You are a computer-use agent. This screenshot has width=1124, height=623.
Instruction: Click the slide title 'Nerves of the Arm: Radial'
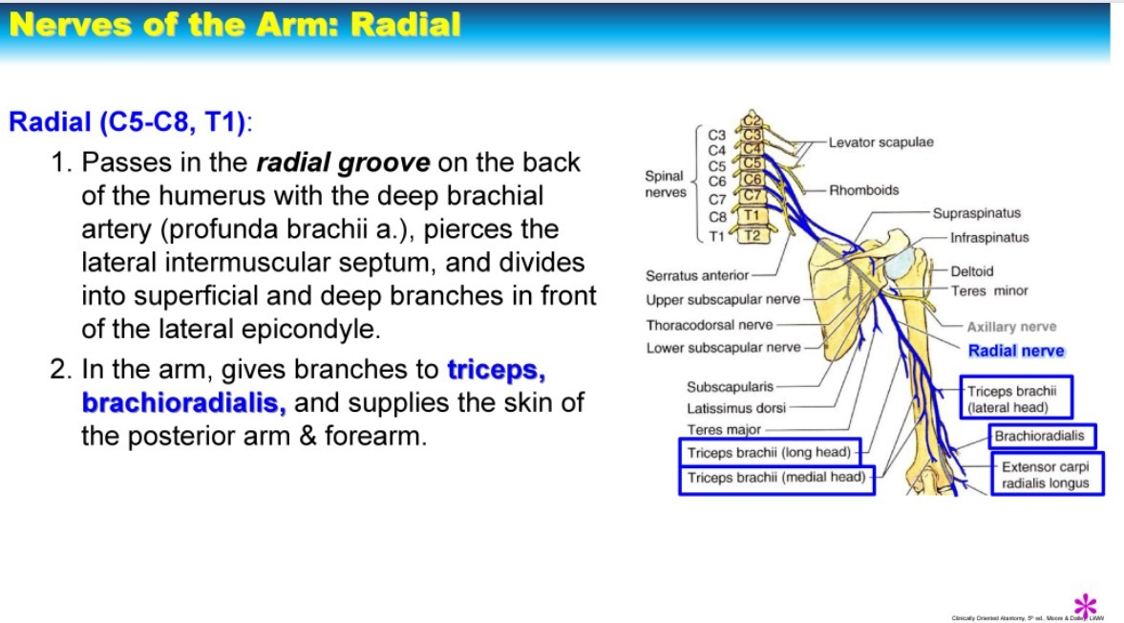pyautogui.click(x=235, y=25)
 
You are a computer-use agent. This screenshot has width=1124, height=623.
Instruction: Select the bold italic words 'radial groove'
pyautogui.click(x=343, y=162)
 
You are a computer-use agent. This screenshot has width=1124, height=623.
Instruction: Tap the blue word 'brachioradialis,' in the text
pyautogui.click(x=184, y=402)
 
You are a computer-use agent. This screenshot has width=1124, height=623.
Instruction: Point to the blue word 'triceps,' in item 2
pyautogui.click(x=497, y=369)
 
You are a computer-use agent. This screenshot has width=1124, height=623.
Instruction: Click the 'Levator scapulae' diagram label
pyautogui.click(x=880, y=142)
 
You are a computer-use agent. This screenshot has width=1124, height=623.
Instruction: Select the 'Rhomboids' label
pyautogui.click(x=863, y=190)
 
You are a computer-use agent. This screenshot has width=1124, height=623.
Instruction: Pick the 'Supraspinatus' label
pyautogui.click(x=976, y=213)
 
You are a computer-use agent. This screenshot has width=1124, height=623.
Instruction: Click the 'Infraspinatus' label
pyautogui.click(x=989, y=237)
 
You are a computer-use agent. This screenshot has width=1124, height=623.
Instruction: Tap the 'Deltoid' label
pyautogui.click(x=972, y=271)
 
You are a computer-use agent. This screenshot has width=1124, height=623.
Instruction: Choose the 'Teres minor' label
pyautogui.click(x=989, y=290)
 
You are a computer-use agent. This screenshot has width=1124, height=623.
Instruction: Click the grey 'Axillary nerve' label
pyautogui.click(x=1011, y=327)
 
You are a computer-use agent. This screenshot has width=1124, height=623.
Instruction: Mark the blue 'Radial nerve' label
pyautogui.click(x=1016, y=351)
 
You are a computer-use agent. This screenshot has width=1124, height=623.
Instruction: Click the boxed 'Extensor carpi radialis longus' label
pyautogui.click(x=1045, y=475)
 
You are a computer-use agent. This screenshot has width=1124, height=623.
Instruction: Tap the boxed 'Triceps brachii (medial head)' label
pyautogui.click(x=775, y=478)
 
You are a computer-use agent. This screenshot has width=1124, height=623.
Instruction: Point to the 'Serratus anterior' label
pyautogui.click(x=697, y=276)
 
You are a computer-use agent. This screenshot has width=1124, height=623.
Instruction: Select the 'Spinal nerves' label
pyautogui.click(x=665, y=183)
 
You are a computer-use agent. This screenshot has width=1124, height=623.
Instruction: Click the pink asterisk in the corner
pyautogui.click(x=1085, y=605)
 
